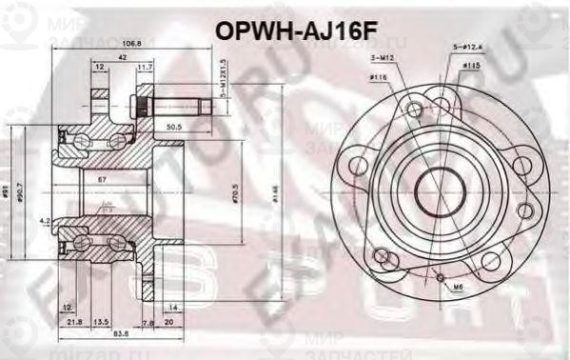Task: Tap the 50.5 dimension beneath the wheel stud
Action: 174,125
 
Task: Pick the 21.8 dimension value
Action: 76,322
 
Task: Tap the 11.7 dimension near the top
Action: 145,68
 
